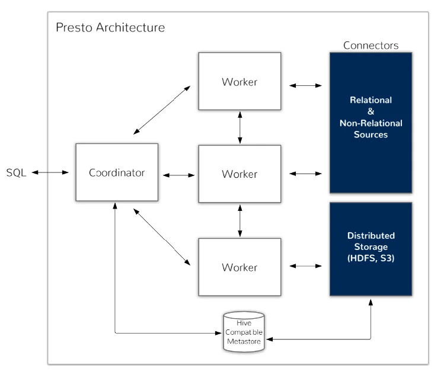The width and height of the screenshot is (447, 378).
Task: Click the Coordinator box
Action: [117, 172]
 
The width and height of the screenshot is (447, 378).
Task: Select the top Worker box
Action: [240, 81]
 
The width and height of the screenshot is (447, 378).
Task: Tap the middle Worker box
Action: [240, 174]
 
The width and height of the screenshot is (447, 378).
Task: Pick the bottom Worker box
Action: [240, 267]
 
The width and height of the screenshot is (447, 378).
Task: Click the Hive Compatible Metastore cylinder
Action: [244, 332]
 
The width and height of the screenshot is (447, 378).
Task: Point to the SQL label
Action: [16, 172]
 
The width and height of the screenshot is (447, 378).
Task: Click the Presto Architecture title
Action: [110, 28]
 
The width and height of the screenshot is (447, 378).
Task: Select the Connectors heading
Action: [371, 45]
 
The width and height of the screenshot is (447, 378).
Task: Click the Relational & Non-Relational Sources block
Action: [371, 123]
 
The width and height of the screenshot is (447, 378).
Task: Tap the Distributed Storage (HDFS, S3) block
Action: [371, 249]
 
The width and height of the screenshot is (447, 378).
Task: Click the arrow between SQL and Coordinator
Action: [50, 172]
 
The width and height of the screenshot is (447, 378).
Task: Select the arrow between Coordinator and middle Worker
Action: [179, 175]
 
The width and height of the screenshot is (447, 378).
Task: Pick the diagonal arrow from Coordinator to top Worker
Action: [162, 110]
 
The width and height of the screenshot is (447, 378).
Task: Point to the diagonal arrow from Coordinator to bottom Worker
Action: [162, 237]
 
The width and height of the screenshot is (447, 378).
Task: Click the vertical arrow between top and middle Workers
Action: [240, 127]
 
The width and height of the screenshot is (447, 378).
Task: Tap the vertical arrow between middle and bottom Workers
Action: [240, 221]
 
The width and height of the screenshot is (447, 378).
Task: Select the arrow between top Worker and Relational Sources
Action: [305, 85]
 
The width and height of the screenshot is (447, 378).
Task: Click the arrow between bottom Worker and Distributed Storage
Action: [305, 266]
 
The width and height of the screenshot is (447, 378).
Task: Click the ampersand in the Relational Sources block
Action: [371, 111]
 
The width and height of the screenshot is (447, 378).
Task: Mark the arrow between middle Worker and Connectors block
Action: [305, 174]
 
